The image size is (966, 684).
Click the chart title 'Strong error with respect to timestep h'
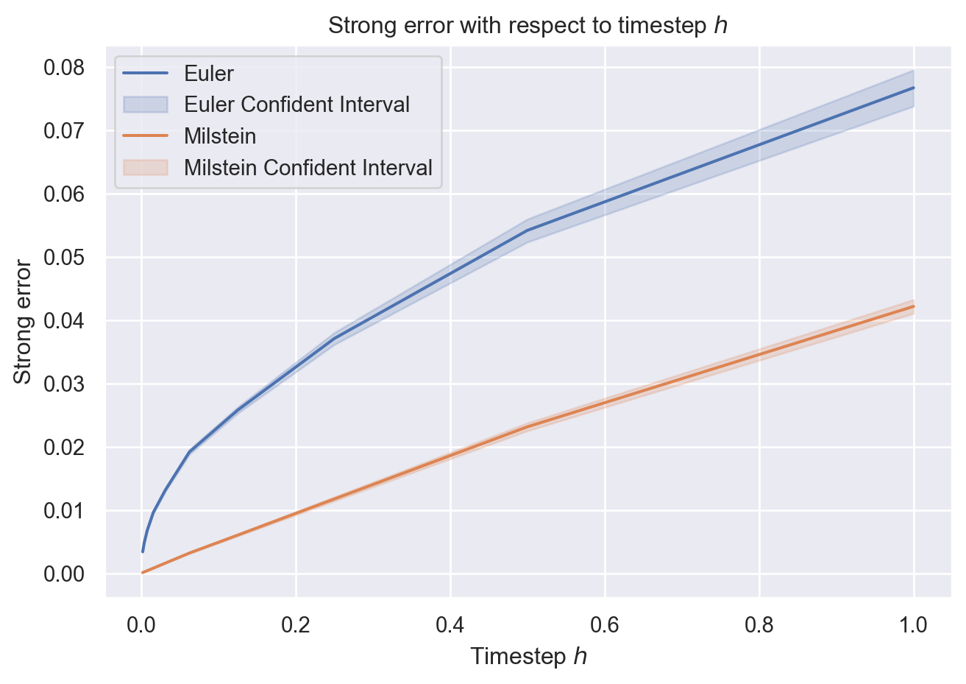[528, 26]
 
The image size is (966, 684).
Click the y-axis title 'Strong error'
[24, 321]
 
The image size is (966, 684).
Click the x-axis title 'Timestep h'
[528, 656]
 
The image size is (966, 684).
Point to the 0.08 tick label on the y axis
[65, 68]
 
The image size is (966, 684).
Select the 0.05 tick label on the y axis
[65, 258]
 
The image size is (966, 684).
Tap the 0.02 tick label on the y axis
[65, 448]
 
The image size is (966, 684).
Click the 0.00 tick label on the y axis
[65, 574]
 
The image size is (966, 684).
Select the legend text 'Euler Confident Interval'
[296, 105]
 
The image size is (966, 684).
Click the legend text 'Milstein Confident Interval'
[308, 168]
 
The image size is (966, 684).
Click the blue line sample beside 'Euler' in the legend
[146, 74]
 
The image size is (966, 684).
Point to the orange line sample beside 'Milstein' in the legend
[146, 136]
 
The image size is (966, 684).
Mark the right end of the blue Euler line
[913, 88]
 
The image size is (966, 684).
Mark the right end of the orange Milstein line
[913, 306]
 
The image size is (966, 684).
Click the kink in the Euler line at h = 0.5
[528, 230]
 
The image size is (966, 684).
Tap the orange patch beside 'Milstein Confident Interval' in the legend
[146, 168]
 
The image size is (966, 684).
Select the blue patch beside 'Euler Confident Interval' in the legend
[146, 105]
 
